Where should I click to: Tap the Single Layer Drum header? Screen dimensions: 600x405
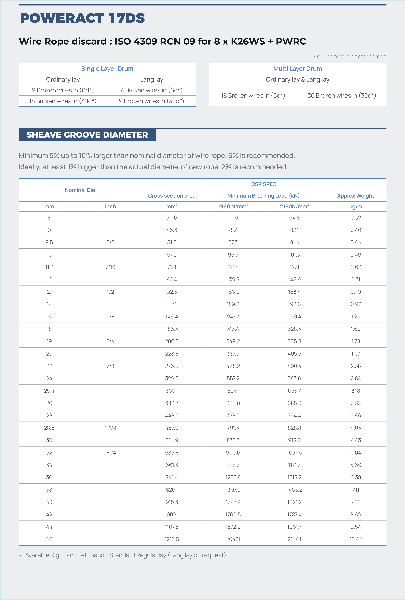[107, 69]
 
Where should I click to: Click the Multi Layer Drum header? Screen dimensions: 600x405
[298, 69]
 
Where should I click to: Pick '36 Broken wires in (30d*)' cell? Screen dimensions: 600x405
[341, 95]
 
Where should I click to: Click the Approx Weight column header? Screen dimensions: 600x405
[355, 196]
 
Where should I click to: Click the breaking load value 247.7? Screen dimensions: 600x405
[233, 316]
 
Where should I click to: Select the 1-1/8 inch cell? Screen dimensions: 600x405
[110, 428]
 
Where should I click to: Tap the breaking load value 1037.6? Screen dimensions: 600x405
[294, 453]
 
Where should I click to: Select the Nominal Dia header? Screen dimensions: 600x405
[80, 190]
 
